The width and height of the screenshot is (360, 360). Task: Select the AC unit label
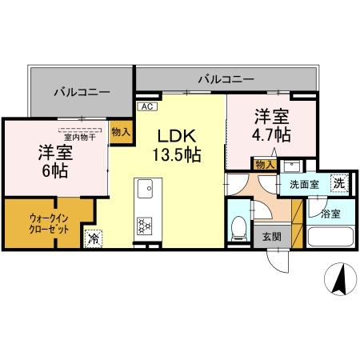click(x=146, y=106)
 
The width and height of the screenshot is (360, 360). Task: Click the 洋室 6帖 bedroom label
click(x=55, y=160)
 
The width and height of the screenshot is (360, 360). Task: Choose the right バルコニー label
click(x=226, y=79)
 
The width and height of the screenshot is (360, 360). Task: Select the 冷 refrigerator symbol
click(x=94, y=237)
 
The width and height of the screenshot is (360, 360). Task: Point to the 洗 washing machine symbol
click(x=339, y=183)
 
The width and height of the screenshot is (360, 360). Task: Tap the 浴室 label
click(x=330, y=214)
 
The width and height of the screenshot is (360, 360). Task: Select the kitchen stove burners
click(x=145, y=226)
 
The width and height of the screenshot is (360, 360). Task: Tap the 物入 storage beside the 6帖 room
click(x=120, y=131)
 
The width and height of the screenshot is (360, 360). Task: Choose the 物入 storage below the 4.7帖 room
click(x=264, y=165)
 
